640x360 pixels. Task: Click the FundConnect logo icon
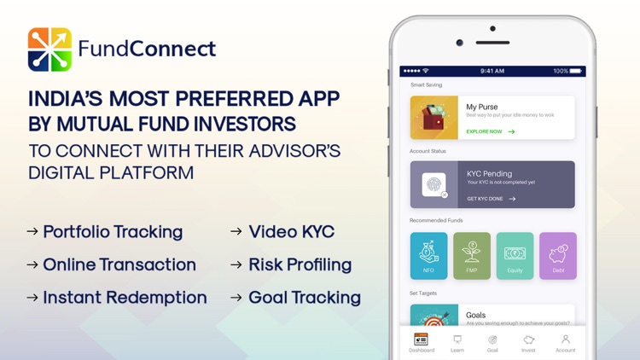[x=49, y=49]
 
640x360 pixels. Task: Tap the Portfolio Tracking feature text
[x=113, y=232]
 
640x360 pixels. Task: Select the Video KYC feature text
[x=291, y=232]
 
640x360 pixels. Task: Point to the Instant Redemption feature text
[x=125, y=298]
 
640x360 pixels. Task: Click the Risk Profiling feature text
[x=300, y=264]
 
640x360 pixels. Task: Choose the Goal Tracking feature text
[x=304, y=298]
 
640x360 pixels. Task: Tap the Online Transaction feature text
[x=119, y=264]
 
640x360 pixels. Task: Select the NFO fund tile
[x=428, y=256]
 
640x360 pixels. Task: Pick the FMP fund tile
[x=472, y=256]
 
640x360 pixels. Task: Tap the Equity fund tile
[x=515, y=256]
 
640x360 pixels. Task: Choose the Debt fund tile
[x=558, y=256]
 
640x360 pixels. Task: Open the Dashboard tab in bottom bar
[x=422, y=343]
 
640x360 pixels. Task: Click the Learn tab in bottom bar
[x=457, y=343]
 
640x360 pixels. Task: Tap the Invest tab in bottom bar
[x=528, y=343]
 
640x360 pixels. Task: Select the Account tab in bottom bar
[x=565, y=343]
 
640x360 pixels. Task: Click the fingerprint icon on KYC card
[x=433, y=184]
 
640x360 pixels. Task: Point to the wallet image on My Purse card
[x=433, y=118]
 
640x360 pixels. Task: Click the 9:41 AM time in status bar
[x=492, y=71]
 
